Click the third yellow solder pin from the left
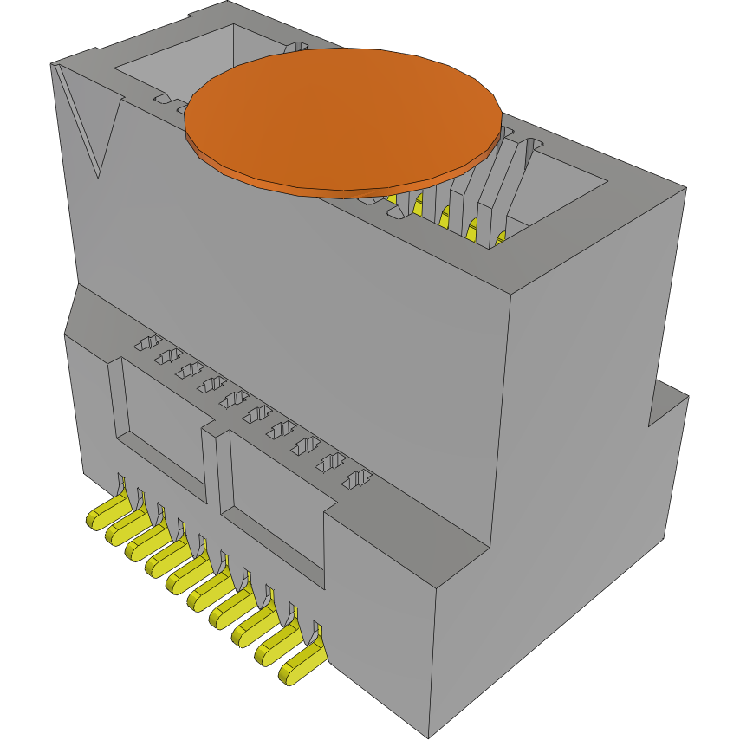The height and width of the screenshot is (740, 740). (146, 545)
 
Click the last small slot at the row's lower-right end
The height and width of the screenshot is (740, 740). (356, 478)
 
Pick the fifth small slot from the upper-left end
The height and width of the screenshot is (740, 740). (231, 399)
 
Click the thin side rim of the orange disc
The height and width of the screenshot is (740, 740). (347, 185)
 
